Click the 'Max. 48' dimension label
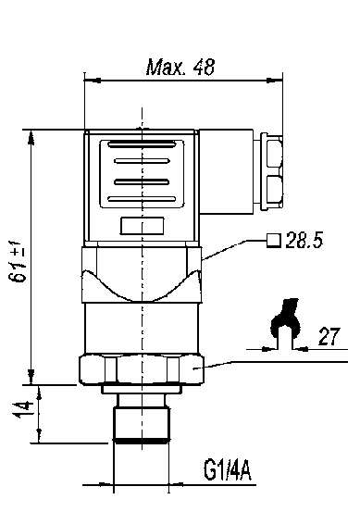pos(180,68)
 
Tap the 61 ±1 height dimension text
pos(19,261)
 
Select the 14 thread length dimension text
pos(23,410)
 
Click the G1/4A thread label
pos(228,469)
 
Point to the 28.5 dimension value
pos(304,240)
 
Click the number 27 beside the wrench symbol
pos(329,336)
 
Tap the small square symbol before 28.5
pos(274,241)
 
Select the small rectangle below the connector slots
pos(142,226)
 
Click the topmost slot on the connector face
pos(142,144)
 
